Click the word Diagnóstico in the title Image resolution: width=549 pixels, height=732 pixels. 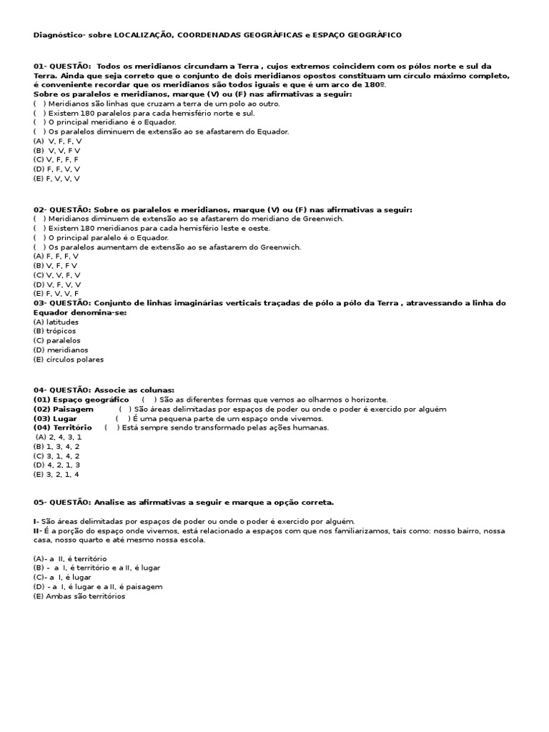59,35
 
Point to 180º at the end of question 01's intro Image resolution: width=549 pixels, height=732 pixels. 376,85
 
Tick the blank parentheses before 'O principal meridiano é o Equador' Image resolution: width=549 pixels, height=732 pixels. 40,122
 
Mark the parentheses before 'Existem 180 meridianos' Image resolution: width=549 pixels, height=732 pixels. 40,228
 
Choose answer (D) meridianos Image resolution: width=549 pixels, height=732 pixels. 61,350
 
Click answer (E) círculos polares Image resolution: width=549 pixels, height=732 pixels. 68,360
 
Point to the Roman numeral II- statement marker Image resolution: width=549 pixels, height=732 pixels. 37,532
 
